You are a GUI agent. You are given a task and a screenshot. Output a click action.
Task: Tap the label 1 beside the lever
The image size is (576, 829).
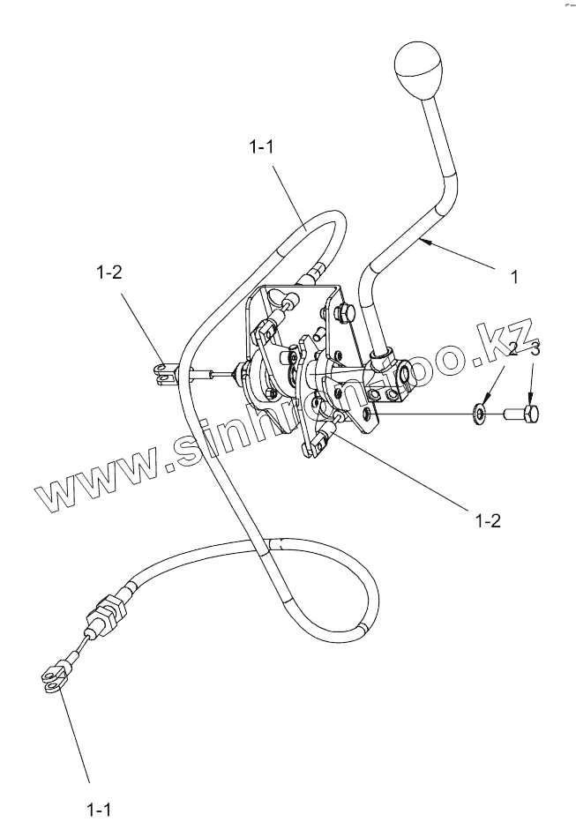514,276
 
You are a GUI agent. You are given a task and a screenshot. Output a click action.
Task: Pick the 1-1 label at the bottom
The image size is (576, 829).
98,807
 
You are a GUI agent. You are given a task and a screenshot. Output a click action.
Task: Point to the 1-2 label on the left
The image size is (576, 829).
109,273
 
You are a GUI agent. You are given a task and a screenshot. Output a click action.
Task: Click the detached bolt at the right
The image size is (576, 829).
523,411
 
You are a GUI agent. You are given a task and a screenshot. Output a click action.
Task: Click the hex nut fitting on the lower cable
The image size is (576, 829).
108,610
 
